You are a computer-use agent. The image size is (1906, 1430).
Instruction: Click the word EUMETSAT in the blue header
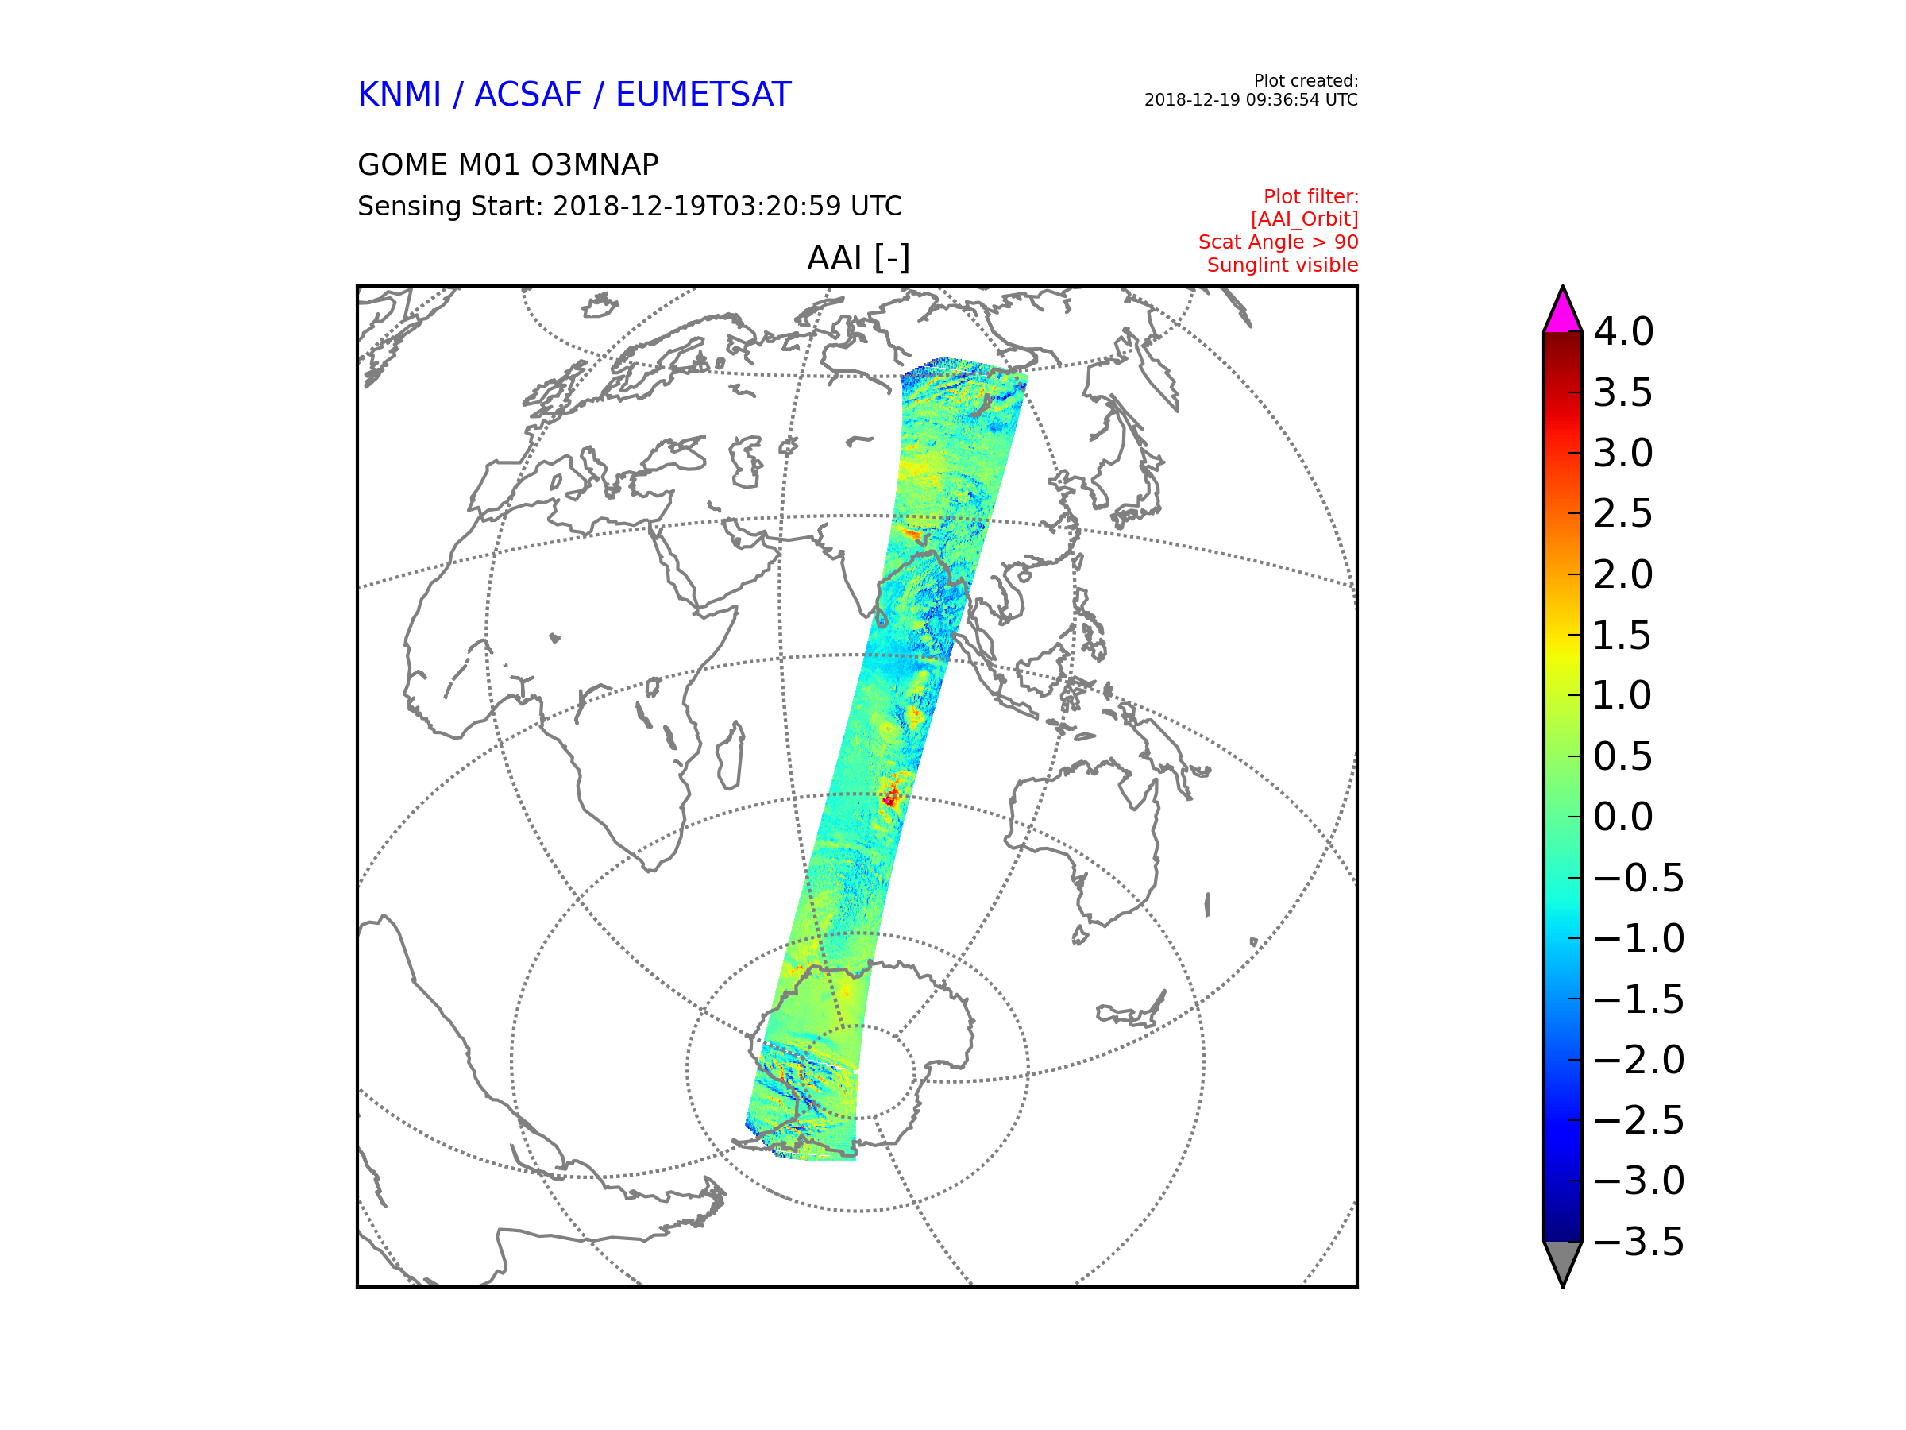pos(703,94)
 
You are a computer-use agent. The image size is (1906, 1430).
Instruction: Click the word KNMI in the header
pos(399,94)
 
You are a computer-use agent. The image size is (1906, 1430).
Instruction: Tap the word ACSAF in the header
pos(527,94)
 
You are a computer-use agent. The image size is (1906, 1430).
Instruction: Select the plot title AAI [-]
pos(858,257)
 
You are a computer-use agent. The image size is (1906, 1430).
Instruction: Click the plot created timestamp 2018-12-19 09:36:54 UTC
pos(1251,100)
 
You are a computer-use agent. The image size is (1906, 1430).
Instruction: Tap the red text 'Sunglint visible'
pos(1283,265)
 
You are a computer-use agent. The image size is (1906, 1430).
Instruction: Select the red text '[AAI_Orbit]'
pos(1305,220)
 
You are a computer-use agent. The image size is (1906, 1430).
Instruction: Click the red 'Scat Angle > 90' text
pos(1279,242)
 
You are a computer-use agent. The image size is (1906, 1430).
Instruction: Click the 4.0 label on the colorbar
pos(1623,332)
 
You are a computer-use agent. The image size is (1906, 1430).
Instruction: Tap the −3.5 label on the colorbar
pos(1639,1242)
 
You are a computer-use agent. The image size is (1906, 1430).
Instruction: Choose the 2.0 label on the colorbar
pos(1623,575)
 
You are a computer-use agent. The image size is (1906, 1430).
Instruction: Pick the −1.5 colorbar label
pos(1639,1000)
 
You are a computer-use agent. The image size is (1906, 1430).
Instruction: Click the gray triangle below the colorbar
pos(1563,1260)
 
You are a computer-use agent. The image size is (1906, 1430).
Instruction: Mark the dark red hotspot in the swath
pos(890,798)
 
